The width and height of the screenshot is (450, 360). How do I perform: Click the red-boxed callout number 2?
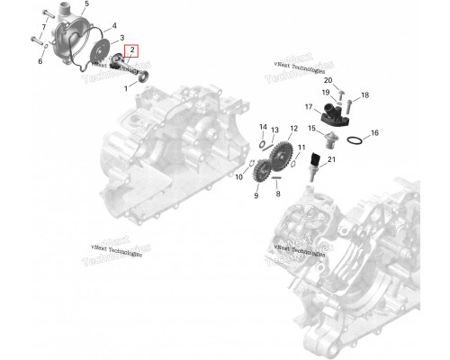tap(132, 50)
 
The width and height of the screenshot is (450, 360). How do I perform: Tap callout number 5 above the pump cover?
tap(87, 4)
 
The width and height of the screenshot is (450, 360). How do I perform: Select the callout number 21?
tap(331, 159)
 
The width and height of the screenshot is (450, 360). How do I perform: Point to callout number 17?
tap(309, 107)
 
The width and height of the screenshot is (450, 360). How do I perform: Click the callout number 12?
tap(293, 129)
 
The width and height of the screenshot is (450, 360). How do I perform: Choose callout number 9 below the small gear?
tap(256, 195)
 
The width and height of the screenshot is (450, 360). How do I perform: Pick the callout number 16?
tap(374, 132)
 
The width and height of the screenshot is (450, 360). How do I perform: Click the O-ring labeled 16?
tap(355, 139)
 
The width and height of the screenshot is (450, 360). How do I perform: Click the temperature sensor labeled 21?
tap(314, 166)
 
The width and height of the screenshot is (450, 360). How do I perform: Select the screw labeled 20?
tap(341, 95)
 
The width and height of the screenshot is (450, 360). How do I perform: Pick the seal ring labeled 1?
tap(143, 77)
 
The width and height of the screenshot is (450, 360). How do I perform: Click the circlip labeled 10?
tap(252, 163)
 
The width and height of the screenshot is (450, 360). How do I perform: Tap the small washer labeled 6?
tap(46, 47)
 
